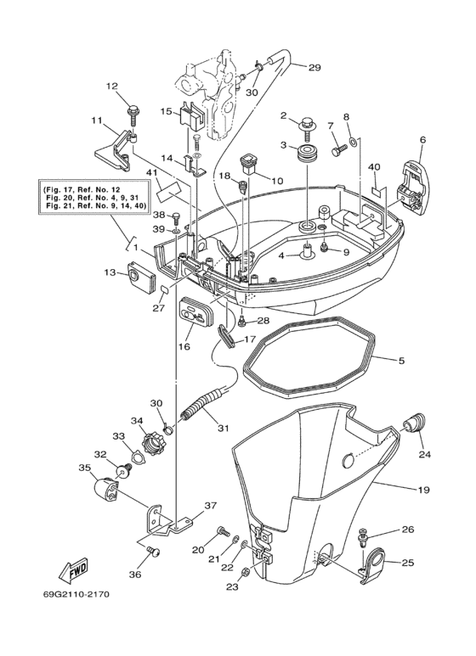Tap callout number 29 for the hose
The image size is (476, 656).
(314, 68)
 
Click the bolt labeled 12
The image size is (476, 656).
(134, 109)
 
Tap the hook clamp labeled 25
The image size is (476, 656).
(371, 563)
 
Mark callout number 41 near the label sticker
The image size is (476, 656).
(152, 173)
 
